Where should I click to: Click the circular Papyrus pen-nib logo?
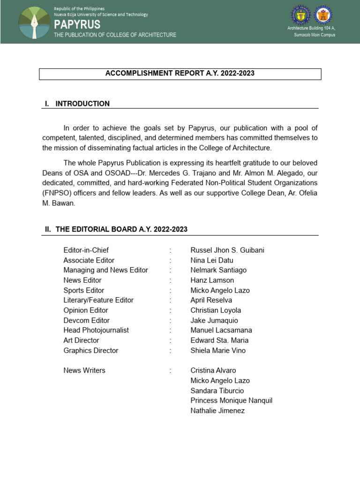tap(34, 22)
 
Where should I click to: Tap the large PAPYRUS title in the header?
tap(77, 24)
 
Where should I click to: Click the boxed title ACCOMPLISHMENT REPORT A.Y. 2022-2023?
tap(180, 74)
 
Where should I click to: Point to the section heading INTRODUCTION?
tap(82, 104)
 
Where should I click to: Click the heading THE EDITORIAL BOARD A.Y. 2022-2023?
tap(121, 229)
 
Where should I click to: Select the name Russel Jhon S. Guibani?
tap(227, 250)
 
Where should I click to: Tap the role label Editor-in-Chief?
tap(86, 250)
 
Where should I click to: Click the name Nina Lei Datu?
tap(211, 260)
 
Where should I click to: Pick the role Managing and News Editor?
tap(105, 270)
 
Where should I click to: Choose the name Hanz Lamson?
tap(212, 280)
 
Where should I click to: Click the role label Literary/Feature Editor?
tap(98, 300)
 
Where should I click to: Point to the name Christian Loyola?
tap(216, 310)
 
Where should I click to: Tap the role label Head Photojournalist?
tap(96, 330)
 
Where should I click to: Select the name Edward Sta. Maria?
tap(219, 340)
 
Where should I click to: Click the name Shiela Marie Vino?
tap(218, 350)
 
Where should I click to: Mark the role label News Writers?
tap(84, 370)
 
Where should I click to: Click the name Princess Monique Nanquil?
tap(231, 400)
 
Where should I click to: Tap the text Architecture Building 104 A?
tap(311, 29)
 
